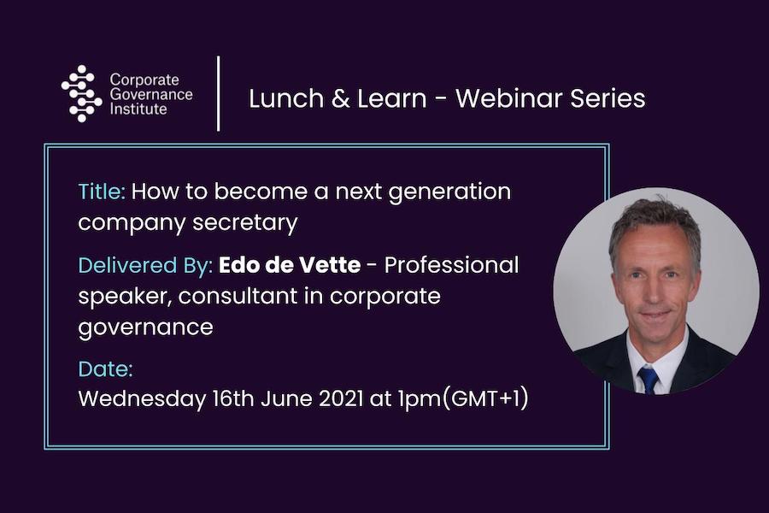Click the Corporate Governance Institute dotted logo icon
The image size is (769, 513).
[81, 93]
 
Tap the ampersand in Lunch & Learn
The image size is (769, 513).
[340, 98]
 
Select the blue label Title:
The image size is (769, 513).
[102, 191]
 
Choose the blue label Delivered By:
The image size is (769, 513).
[145, 266]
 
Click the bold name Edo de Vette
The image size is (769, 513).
[290, 265]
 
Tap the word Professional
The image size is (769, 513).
[451, 265]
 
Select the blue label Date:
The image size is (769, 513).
[105, 369]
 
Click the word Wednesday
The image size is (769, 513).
[142, 399]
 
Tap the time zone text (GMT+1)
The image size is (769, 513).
[485, 398]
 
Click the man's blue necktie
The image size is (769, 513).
[648, 380]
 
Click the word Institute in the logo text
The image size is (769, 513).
[138, 108]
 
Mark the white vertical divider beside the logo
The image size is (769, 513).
[218, 93]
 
